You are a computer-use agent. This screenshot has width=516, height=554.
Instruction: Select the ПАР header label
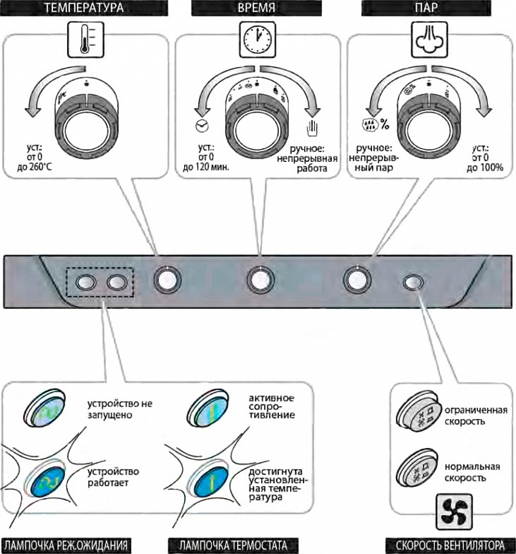click(x=430, y=8)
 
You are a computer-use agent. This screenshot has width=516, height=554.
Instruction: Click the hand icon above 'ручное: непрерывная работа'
click(x=311, y=129)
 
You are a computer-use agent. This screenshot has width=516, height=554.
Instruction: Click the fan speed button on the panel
click(x=413, y=282)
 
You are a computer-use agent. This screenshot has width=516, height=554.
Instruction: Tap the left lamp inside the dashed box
click(x=86, y=282)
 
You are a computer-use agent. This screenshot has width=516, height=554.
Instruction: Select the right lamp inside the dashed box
click(x=116, y=282)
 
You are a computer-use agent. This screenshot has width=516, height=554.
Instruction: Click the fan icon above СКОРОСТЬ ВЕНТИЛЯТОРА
click(x=457, y=510)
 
